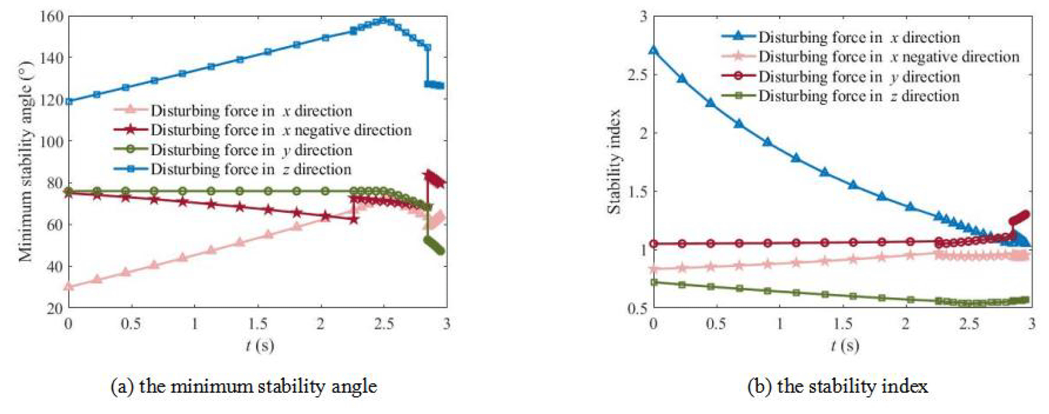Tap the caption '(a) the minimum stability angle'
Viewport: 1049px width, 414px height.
click(244, 387)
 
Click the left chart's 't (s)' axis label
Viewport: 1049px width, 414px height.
click(259, 346)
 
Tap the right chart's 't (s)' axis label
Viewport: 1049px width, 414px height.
click(844, 346)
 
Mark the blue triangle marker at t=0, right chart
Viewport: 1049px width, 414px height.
click(654, 50)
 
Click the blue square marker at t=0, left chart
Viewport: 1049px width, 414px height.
click(69, 101)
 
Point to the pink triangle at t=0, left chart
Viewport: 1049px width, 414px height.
click(69, 286)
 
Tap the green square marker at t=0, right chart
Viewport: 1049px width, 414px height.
click(654, 282)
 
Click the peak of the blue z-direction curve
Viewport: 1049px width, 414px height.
click(384, 20)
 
